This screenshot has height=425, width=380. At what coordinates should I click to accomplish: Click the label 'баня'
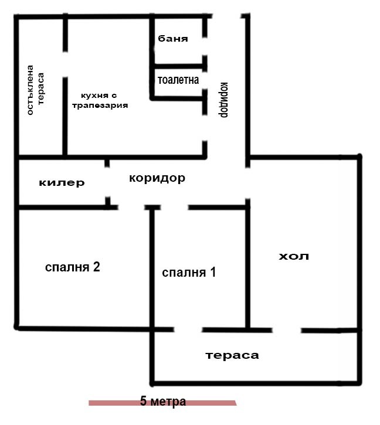(173, 39)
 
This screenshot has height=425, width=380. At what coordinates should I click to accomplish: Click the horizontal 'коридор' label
(157, 178)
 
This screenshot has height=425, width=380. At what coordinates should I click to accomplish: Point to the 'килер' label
(62, 183)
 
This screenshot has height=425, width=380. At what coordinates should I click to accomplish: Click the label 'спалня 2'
(73, 267)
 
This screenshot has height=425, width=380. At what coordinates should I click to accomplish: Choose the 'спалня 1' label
(189, 272)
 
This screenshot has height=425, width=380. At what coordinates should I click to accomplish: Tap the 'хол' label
(293, 256)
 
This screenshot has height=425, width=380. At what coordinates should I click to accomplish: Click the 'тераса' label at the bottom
(232, 355)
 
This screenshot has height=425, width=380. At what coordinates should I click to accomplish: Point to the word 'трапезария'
(99, 106)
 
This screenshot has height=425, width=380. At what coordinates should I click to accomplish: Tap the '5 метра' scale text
(163, 402)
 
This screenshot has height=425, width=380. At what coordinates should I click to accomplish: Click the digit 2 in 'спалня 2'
(96, 267)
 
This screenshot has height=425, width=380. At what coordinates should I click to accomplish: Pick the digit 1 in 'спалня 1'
(213, 272)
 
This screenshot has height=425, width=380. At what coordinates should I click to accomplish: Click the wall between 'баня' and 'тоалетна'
(178, 65)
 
